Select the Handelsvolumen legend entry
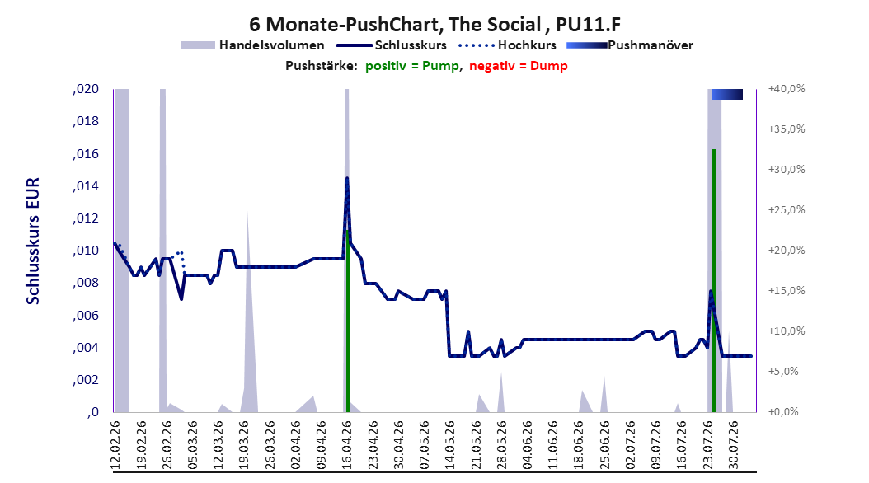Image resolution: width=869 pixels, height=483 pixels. [x=252, y=45]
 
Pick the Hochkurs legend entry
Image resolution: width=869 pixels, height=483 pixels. [x=507, y=45]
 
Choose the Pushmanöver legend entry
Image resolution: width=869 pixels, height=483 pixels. [x=630, y=45]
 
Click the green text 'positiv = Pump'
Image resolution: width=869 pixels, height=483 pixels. [x=412, y=66]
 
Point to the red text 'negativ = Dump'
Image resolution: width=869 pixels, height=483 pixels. [x=519, y=66]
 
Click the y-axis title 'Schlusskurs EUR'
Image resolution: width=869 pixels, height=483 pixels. [x=33, y=241]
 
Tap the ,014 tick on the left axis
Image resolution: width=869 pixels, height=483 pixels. [x=86, y=186]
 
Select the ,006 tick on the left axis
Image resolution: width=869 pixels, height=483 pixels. [x=86, y=315]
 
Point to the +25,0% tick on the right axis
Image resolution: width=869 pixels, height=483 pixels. [x=787, y=210]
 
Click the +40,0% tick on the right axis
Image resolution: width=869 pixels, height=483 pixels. [x=787, y=89]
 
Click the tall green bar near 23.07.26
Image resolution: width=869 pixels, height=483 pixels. [x=714, y=281]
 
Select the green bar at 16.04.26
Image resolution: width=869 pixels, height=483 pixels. [x=347, y=321]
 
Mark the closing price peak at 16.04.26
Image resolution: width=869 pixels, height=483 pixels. [x=347, y=178]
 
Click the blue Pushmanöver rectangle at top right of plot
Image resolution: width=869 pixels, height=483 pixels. [x=726, y=94]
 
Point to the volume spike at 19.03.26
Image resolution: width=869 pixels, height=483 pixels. [x=248, y=310]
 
